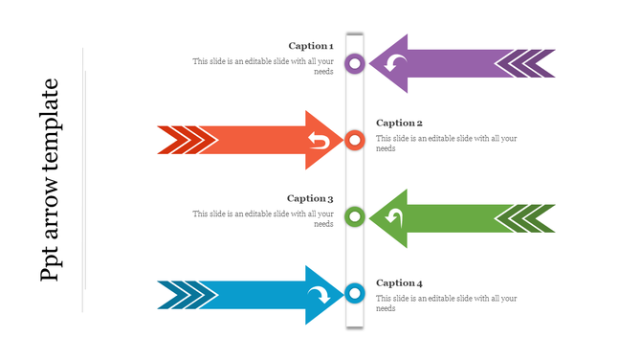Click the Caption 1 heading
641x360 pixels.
click(311, 46)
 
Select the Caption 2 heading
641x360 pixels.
click(399, 123)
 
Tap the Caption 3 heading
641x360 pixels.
click(310, 198)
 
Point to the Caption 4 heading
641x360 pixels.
click(399, 282)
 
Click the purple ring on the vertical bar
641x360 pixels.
click(355, 64)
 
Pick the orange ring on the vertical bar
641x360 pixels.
click(355, 141)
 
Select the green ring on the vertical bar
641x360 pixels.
click(355, 216)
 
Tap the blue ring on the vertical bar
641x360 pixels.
click(355, 293)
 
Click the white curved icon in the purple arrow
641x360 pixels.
click(395, 64)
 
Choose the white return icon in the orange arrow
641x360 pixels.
click(319, 142)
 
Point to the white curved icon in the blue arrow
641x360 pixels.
click(319, 294)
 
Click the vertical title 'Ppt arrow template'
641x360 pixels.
click(50, 180)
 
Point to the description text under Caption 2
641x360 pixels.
click(446, 144)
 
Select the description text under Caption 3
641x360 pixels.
click(263, 218)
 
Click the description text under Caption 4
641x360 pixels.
click(446, 304)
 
